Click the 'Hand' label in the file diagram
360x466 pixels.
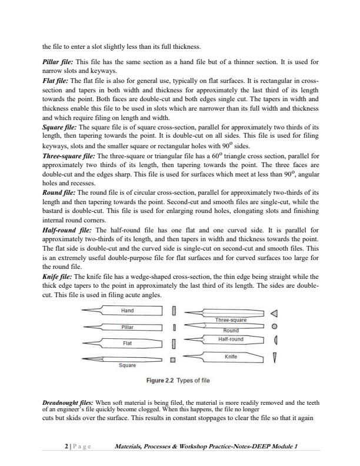[127, 310]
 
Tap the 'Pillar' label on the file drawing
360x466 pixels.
[127, 327]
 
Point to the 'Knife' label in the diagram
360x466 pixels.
[231, 357]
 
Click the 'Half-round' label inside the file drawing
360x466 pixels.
[231, 339]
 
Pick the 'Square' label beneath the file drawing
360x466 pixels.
[127, 365]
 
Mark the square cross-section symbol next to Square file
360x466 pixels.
[173, 359]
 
